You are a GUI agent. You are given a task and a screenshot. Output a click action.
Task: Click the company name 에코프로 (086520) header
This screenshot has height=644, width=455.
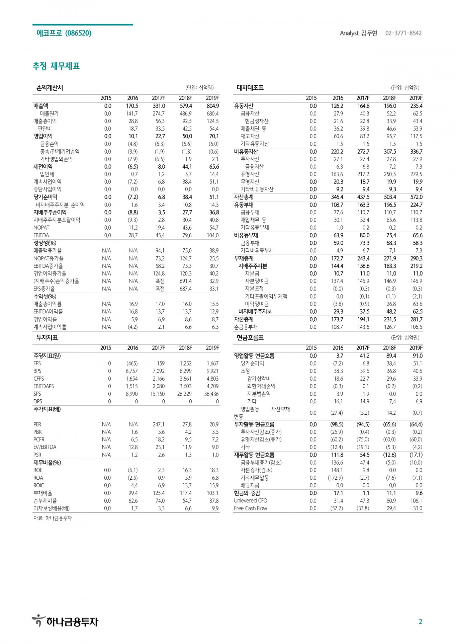[64, 33]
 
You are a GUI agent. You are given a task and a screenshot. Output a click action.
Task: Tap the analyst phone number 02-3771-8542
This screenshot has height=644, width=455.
[403, 33]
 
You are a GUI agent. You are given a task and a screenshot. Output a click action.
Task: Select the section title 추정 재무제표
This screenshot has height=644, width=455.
[56, 66]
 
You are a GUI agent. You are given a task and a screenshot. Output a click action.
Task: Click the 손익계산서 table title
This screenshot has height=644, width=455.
[50, 88]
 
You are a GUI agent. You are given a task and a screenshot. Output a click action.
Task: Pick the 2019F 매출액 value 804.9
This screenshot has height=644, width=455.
[212, 106]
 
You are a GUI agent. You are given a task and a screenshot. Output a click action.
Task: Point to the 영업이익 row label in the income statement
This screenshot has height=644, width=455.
[43, 136]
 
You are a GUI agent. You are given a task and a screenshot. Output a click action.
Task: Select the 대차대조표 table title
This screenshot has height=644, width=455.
[250, 88]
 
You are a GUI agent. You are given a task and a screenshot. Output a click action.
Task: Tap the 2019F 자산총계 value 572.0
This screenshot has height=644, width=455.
[416, 197]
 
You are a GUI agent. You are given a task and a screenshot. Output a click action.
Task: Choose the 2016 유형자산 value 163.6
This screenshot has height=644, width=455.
[337, 174]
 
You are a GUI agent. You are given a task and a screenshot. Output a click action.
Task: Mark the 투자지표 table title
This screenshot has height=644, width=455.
[47, 337]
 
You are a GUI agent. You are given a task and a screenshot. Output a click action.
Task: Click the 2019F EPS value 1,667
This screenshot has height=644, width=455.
[212, 363]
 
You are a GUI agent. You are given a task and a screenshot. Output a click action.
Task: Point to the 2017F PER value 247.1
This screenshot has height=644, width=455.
[159, 424]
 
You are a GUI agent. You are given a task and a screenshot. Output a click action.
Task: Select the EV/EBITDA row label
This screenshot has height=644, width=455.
[45, 447]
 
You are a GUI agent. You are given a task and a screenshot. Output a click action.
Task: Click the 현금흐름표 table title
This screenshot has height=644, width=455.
[250, 337]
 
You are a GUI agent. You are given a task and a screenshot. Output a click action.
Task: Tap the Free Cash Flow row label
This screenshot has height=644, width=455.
[251, 508]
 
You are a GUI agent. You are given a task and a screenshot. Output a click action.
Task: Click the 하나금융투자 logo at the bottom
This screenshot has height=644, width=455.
[65, 622]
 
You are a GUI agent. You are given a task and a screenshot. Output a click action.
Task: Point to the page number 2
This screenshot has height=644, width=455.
[421, 622]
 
